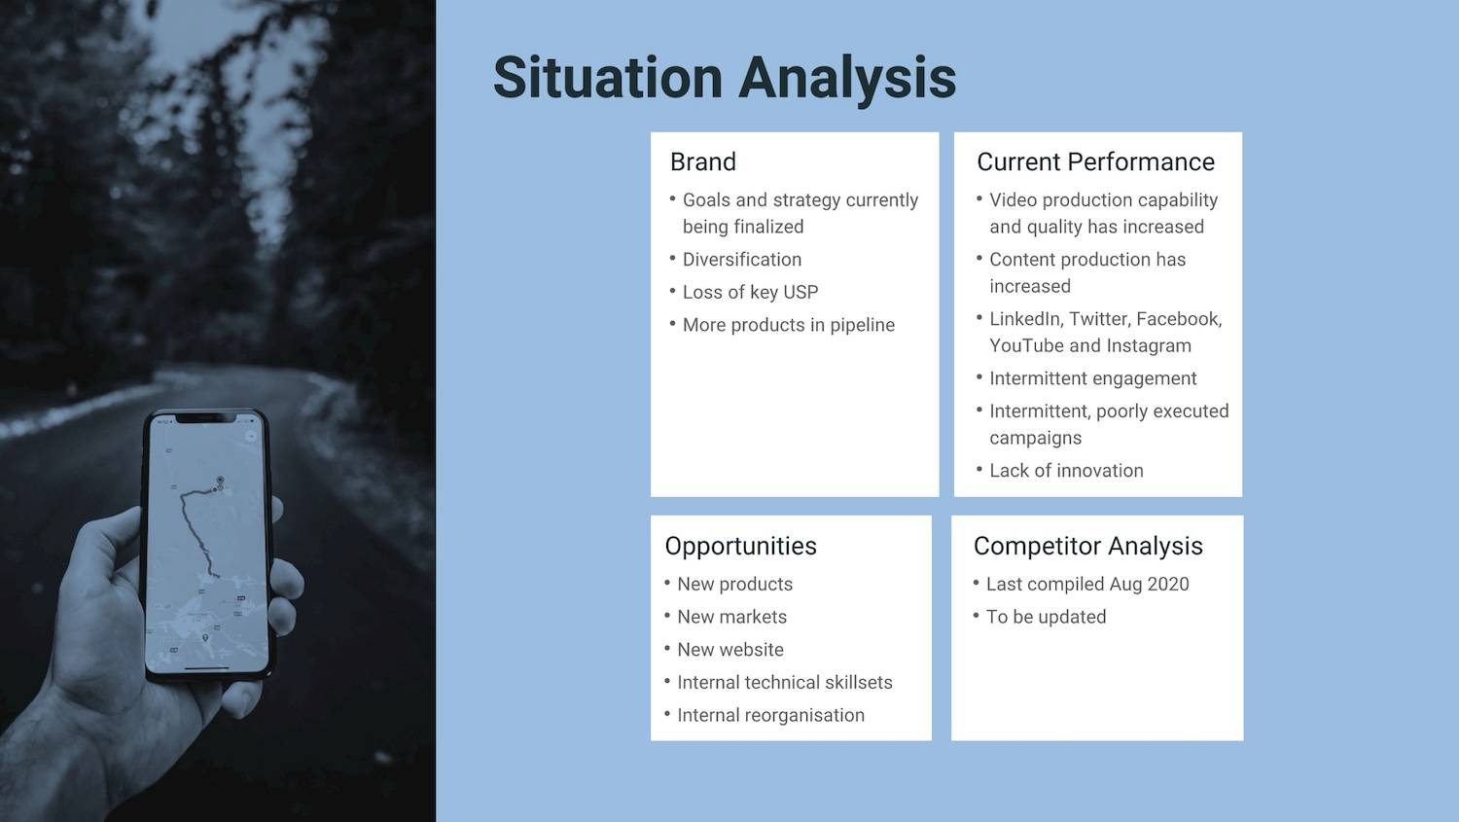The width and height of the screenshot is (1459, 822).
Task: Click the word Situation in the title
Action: point(608,78)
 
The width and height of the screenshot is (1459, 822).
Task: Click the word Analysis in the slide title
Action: point(847,81)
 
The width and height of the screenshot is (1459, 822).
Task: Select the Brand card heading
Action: point(703,161)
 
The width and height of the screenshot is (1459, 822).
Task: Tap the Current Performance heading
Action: point(1095,161)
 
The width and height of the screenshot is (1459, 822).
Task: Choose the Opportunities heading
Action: point(740,547)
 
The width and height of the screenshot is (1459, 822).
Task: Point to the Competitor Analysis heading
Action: point(1087,547)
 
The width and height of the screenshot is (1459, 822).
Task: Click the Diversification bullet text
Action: point(742,259)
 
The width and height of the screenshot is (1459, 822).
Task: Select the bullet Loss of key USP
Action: point(750,293)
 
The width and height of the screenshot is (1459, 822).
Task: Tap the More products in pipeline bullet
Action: point(789,325)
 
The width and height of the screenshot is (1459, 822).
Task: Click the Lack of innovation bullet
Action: point(1066,470)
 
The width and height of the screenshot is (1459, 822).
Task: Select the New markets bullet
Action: point(732,617)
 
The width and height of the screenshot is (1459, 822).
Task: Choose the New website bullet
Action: point(730,650)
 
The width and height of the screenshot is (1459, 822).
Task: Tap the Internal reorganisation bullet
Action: point(770,715)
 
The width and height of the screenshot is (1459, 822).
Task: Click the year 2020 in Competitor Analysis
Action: point(1168,585)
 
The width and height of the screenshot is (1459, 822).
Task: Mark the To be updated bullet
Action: point(1046,617)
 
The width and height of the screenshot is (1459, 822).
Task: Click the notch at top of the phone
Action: point(206,418)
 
